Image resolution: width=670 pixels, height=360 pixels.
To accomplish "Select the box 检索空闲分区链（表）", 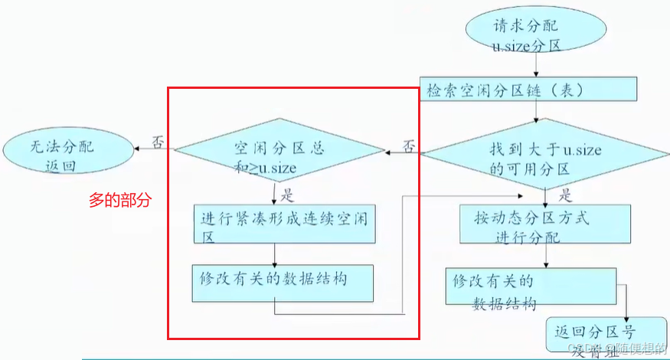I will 529,89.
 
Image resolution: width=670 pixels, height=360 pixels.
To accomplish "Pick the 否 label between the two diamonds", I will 409,143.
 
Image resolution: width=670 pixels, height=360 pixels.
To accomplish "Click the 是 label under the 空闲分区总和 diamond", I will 288,194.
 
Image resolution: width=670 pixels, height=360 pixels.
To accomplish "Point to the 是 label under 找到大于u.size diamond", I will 567,195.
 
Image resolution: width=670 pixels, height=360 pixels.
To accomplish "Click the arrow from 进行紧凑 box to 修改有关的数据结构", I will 274,254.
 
